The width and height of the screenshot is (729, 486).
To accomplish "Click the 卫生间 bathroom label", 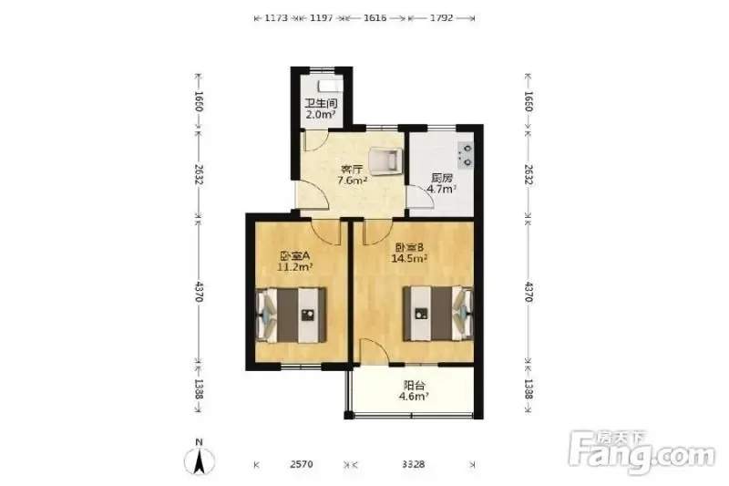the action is click(x=321, y=103).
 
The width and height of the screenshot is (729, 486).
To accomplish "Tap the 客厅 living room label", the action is click(x=352, y=169).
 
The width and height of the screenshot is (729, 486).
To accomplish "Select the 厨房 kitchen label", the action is click(x=442, y=178).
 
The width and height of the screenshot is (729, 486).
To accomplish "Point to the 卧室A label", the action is click(x=294, y=255).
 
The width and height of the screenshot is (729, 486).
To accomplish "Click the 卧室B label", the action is click(x=409, y=247).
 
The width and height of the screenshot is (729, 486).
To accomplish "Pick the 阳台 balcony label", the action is click(x=414, y=386).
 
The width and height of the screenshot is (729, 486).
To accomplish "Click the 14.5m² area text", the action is click(x=409, y=259).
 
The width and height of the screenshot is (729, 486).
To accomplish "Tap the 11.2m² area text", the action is click(x=294, y=267).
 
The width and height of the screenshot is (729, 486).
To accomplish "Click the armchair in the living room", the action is click(x=385, y=161).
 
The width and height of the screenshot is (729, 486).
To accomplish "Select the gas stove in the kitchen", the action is click(x=466, y=155).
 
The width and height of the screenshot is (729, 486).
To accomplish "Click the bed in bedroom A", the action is click(x=291, y=315).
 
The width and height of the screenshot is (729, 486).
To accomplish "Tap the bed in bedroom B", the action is click(x=438, y=314).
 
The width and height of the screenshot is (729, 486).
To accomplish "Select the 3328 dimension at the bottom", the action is click(x=414, y=464).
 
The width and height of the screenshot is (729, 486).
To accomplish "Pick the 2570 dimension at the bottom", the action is click(x=302, y=464).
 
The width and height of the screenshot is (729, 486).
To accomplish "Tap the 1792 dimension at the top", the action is click(x=441, y=18).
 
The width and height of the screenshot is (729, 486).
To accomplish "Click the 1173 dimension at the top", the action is click(x=276, y=18).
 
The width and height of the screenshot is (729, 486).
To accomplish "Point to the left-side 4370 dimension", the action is click(x=199, y=292).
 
